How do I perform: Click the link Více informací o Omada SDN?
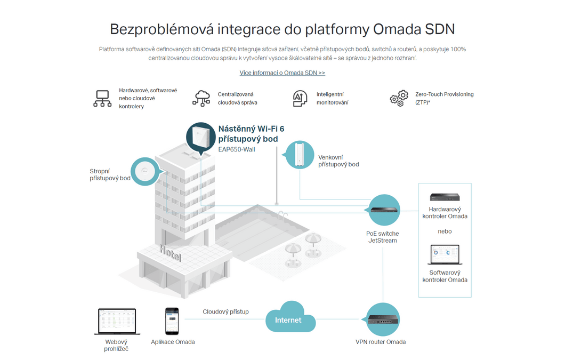click(282, 73)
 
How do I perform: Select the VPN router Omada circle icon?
click(383, 319)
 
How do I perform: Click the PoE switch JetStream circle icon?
click(384, 210)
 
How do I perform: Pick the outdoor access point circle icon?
click(299, 155)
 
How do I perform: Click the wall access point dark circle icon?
click(201, 138)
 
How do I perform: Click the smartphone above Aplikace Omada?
click(172, 321)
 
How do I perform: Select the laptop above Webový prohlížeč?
click(117, 322)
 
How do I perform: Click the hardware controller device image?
click(445, 197)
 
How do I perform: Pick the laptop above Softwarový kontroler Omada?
click(445, 255)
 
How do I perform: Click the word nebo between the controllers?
click(445, 231)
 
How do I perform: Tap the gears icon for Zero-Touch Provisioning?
click(399, 98)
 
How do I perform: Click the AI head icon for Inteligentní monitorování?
click(300, 99)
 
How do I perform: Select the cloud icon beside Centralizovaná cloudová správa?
click(201, 99)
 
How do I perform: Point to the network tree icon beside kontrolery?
click(102, 99)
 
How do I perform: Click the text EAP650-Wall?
click(236, 149)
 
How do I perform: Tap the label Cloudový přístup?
click(225, 311)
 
